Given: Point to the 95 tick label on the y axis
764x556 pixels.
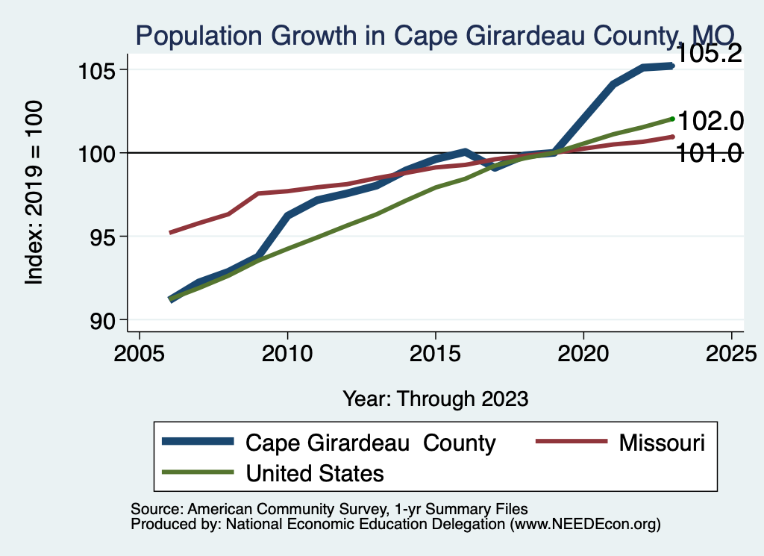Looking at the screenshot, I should coord(100,237).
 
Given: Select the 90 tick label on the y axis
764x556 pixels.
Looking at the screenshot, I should coord(100,321).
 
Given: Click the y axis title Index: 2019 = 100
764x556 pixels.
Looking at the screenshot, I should coord(34,193).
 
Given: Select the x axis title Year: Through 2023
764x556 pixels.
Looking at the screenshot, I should coord(436,399).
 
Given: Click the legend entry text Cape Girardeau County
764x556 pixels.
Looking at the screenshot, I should coord(371,443).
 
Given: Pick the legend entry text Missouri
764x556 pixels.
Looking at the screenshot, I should coord(662,443).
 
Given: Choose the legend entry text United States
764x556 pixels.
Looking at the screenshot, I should coord(315,472).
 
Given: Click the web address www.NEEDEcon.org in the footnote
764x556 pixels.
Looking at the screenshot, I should coord(586,524).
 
